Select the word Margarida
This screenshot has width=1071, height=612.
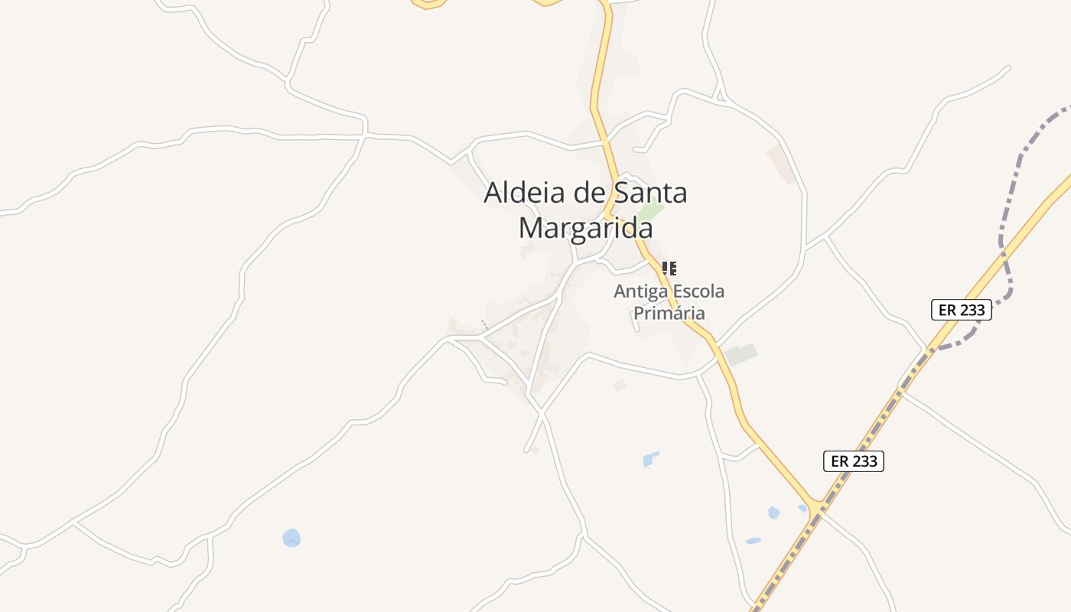point(586,228)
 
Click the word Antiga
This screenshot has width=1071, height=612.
point(640,291)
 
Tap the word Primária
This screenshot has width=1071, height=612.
point(669,313)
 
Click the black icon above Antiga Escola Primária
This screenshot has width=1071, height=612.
point(669,268)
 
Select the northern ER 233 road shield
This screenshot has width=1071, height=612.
point(962,310)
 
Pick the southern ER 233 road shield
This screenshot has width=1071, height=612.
point(854,461)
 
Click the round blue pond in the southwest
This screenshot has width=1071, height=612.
point(291,538)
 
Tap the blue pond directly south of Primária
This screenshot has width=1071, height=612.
point(650,459)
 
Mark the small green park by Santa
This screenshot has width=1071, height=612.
point(650,210)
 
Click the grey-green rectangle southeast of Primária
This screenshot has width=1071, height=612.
point(741,354)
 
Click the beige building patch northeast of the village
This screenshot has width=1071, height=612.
point(781,163)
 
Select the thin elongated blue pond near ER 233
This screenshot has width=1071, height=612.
point(754,541)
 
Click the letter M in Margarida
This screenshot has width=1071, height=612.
point(532,228)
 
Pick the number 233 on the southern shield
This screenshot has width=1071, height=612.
point(864,461)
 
